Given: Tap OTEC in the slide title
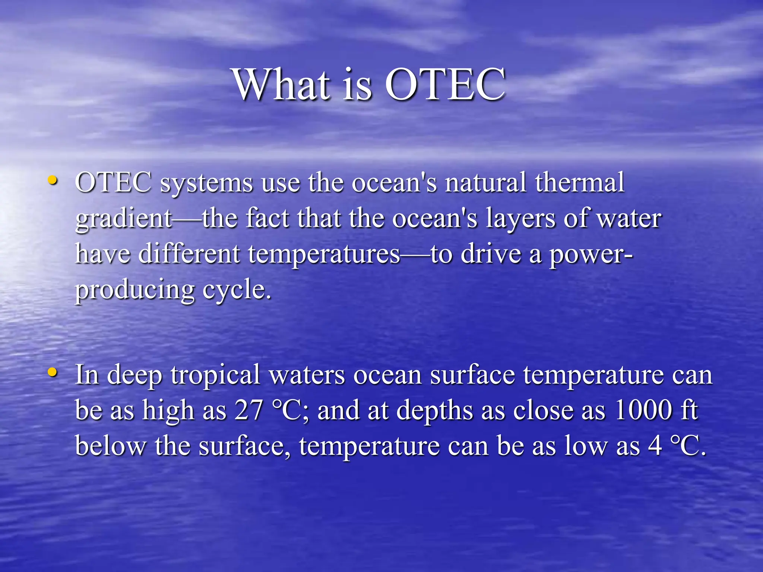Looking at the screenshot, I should pyautogui.click(x=445, y=85).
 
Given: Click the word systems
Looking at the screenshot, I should pyautogui.click(x=206, y=183).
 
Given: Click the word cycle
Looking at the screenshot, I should pyautogui.click(x=237, y=290).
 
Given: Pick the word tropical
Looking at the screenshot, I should pyautogui.click(x=215, y=375).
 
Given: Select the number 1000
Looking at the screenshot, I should pyautogui.click(x=643, y=410).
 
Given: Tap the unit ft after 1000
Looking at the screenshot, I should pyautogui.click(x=688, y=410).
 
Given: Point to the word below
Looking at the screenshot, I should pyautogui.click(x=111, y=446).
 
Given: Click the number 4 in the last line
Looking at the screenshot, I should pyautogui.click(x=655, y=446).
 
